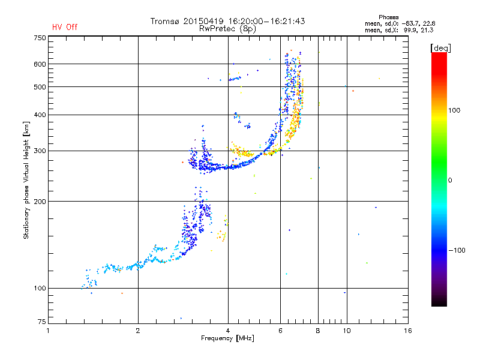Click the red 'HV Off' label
tap(65, 27)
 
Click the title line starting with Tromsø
tap(227, 21)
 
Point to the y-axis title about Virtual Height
tap(26, 180)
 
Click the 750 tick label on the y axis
tap(40, 37)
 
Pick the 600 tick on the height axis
tap(40, 64)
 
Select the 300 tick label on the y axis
tap(40, 151)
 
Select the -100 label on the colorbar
tap(459, 250)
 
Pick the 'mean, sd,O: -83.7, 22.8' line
tap(399, 23)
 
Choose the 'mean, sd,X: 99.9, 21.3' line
tap(399, 29)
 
